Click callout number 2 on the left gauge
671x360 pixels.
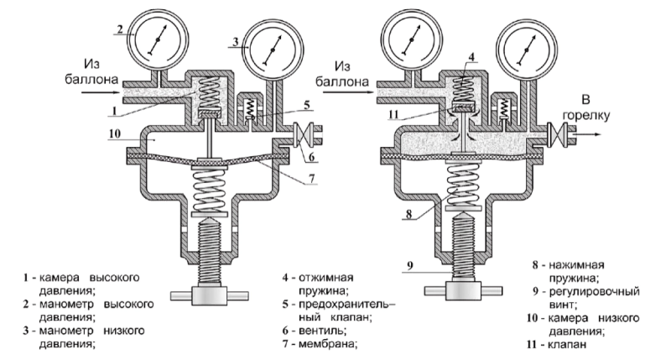pos(121,29)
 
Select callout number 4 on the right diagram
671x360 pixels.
pos(473,58)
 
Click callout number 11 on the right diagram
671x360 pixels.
pos(394,113)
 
